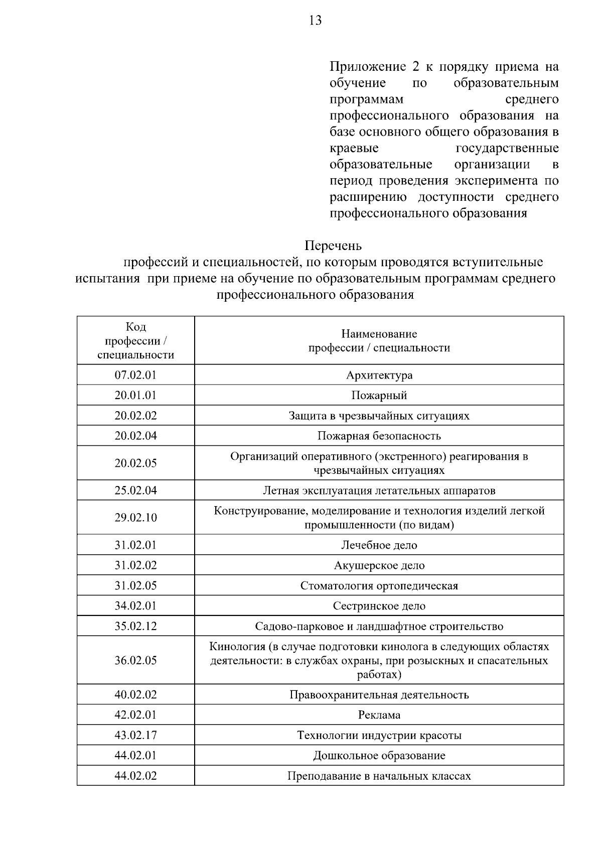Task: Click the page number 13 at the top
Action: [x=315, y=21]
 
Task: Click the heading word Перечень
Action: [x=333, y=246]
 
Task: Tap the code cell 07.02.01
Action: [x=135, y=375]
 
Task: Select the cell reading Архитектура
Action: [x=379, y=375]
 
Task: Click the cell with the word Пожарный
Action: [x=379, y=396]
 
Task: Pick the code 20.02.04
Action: [x=135, y=436]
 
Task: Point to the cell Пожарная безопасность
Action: [x=379, y=436]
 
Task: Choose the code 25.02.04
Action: [x=135, y=491]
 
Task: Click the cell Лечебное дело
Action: [x=379, y=545]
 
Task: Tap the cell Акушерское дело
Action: [x=379, y=565]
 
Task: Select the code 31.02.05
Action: [x=135, y=585]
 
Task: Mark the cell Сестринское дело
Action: [x=379, y=606]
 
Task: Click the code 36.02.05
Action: [x=135, y=660]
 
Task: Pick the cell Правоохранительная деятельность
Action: [x=379, y=695]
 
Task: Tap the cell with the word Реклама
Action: [x=379, y=715]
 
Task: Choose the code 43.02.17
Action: [x=135, y=736]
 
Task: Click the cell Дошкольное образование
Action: [x=379, y=756]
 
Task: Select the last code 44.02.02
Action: [x=135, y=776]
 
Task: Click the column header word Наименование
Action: [x=379, y=334]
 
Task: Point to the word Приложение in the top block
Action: [x=368, y=67]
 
